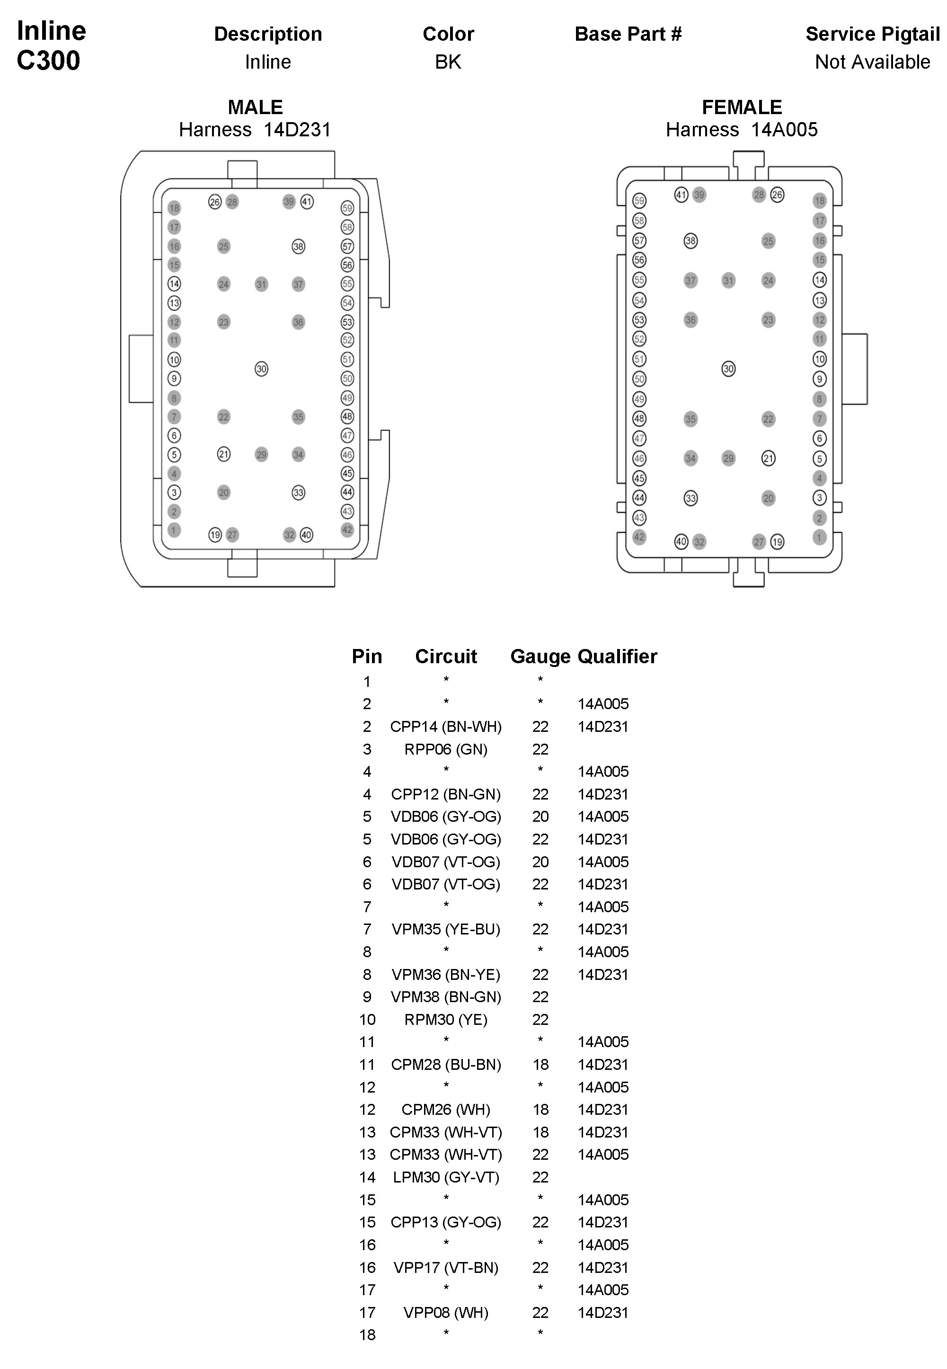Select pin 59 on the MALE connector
pyautogui.click(x=347, y=208)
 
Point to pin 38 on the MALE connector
pyautogui.click(x=298, y=246)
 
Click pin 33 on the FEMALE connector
pyautogui.click(x=690, y=498)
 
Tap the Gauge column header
pyautogui.click(x=540, y=656)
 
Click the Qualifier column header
pyautogui.click(x=617, y=656)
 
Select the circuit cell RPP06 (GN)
pyautogui.click(x=446, y=749)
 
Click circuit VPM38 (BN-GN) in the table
pyautogui.click(x=446, y=996)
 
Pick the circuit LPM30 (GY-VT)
pyautogui.click(x=446, y=1177)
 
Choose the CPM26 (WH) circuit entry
pyautogui.click(x=446, y=1109)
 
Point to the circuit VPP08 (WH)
pyautogui.click(x=446, y=1312)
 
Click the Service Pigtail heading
pyautogui.click(x=872, y=34)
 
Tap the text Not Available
pyautogui.click(x=872, y=62)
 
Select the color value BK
pyautogui.click(x=448, y=62)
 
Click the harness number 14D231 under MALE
pyautogui.click(x=297, y=129)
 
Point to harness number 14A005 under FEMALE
pyautogui.click(x=784, y=129)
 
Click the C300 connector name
pyautogui.click(x=49, y=61)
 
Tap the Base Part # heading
pyautogui.click(x=628, y=34)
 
